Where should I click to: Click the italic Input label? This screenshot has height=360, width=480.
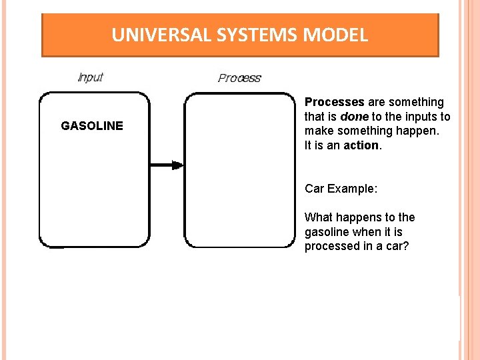point(91,77)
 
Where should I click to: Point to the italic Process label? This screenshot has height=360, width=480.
point(239,78)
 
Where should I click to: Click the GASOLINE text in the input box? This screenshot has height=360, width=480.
point(92,125)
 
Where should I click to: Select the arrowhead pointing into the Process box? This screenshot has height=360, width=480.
point(177,165)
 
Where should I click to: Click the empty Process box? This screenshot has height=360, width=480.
point(239,170)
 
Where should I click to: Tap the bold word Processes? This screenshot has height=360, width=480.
point(334,102)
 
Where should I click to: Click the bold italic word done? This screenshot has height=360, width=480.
point(354,117)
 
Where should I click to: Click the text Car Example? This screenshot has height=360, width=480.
point(341,189)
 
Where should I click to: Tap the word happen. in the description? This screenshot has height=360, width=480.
point(419,131)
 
